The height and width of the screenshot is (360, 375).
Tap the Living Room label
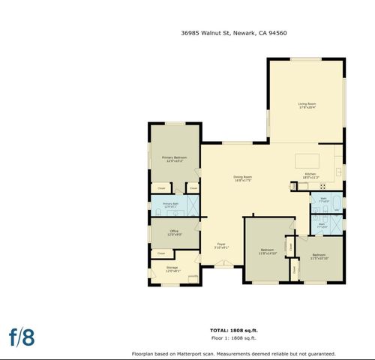tap(307, 103)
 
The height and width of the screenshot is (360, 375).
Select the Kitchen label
tap(310, 174)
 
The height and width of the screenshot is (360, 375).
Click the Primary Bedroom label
tap(175, 157)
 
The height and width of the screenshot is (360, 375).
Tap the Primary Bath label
tap(171, 204)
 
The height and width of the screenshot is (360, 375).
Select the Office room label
tap(174, 231)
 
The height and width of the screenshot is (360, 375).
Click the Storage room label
tap(172, 268)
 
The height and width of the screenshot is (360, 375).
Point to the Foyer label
tap(222, 244)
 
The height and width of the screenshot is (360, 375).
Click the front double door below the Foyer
tap(223, 263)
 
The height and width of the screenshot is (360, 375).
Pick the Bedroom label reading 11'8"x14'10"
tap(268, 250)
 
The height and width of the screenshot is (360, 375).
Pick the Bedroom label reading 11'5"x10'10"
tap(319, 255)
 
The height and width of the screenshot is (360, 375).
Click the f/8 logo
tap(22, 337)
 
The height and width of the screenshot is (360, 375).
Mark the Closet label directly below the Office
tap(161, 253)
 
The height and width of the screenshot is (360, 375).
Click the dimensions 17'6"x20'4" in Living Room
tap(307, 108)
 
